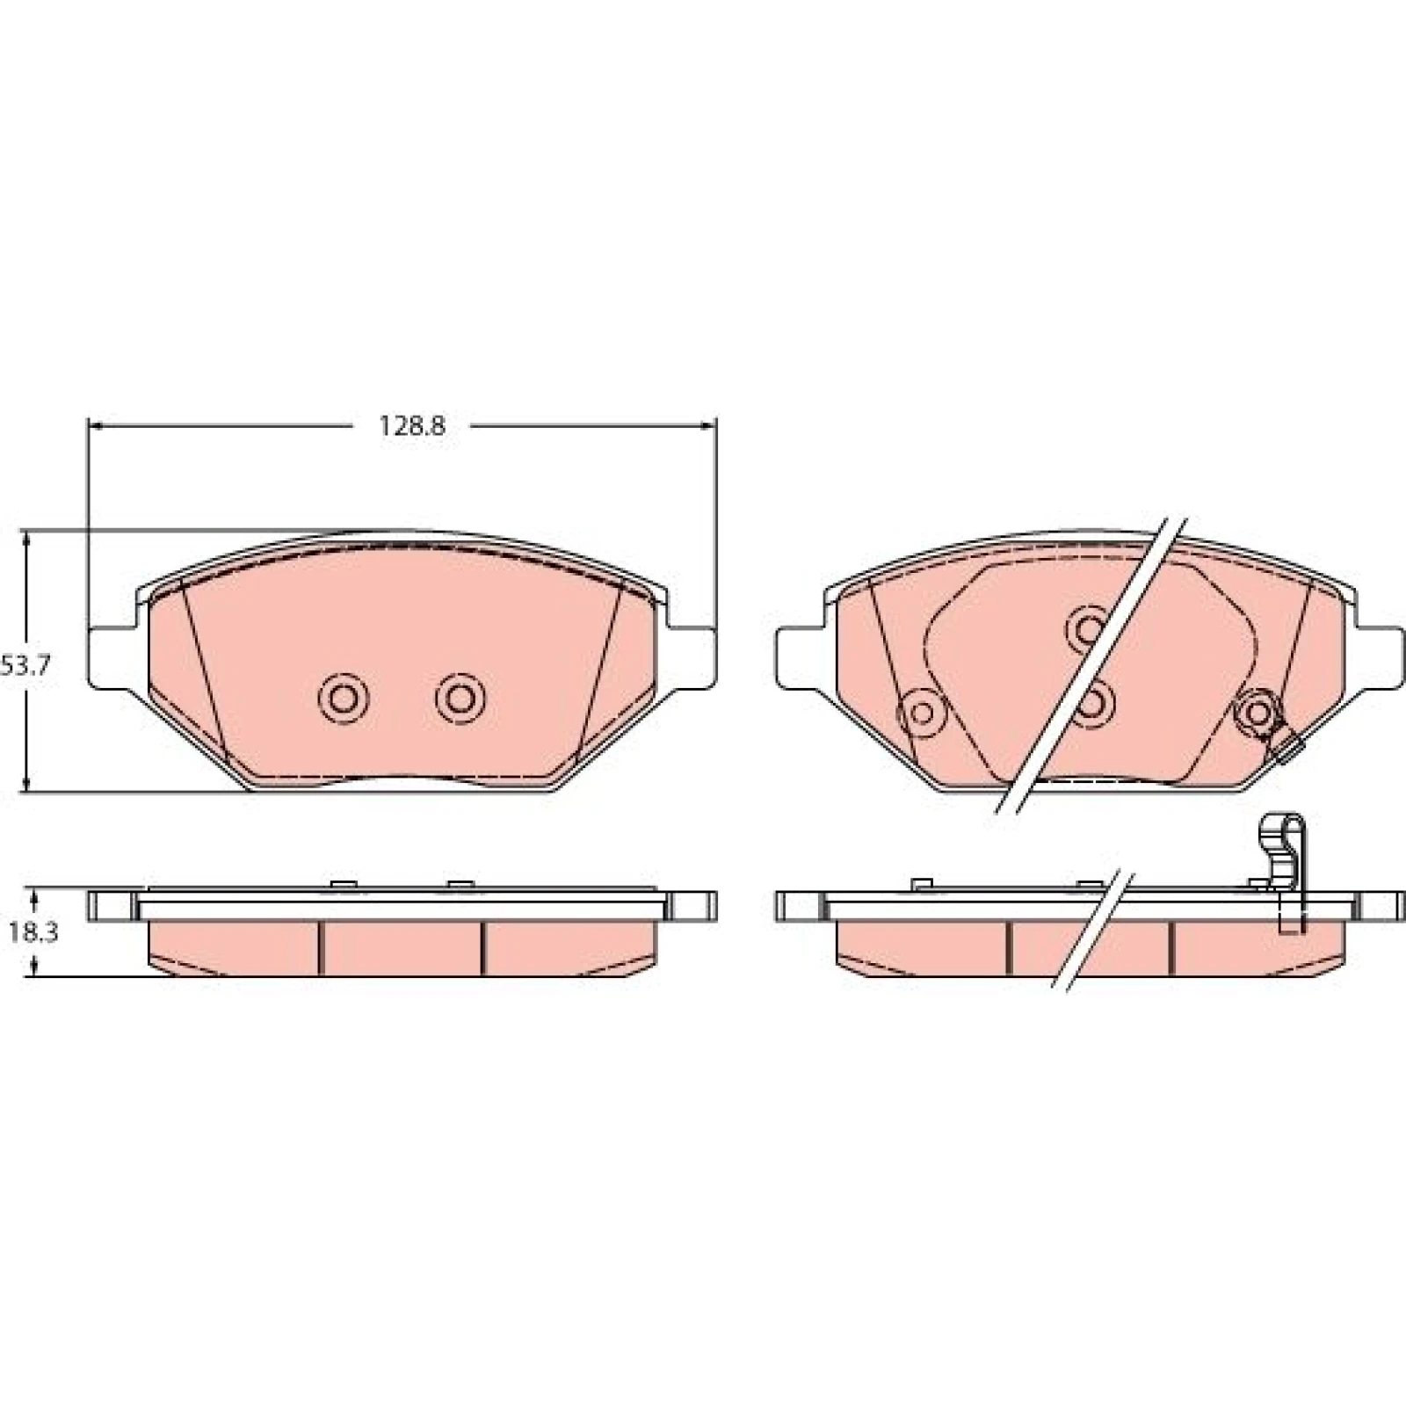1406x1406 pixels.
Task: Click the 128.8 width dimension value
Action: (412, 426)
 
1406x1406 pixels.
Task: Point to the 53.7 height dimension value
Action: (25, 665)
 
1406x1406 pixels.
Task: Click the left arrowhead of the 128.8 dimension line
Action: (98, 426)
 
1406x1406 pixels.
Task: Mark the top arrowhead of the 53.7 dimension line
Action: (28, 540)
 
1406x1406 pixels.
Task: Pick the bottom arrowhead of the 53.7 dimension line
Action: (28, 783)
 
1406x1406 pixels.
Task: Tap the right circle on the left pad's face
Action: (460, 699)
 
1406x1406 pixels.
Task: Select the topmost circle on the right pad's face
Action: (1089, 628)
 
